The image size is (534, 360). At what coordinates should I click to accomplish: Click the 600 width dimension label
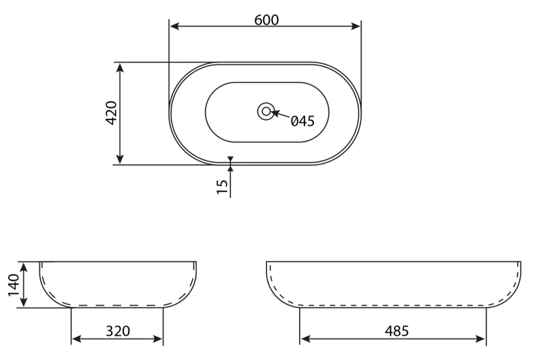(x=266, y=20)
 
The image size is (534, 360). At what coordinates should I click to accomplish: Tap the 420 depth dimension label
(x=112, y=113)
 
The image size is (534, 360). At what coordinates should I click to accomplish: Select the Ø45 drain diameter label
(x=303, y=121)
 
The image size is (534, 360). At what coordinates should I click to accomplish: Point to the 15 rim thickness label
(x=222, y=186)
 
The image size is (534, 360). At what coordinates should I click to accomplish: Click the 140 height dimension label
(x=14, y=285)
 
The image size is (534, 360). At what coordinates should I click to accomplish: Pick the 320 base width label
(x=118, y=331)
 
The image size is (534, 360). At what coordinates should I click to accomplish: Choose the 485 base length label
(x=397, y=331)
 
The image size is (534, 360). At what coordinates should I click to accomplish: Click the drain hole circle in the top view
(x=266, y=111)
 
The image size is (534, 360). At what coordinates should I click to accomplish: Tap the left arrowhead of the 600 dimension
(x=175, y=26)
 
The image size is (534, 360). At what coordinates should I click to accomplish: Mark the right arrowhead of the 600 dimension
(x=356, y=26)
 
